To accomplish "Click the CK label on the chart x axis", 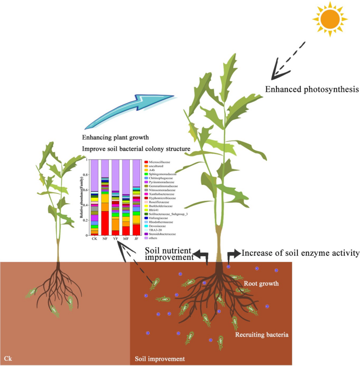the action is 95,238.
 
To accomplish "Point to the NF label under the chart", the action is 105,238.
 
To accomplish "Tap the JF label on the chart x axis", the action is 136,238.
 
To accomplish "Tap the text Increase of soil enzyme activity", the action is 300,254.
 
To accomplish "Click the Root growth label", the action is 262,283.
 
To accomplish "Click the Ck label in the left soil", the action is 7,359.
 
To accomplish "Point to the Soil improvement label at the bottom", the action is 160,359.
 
